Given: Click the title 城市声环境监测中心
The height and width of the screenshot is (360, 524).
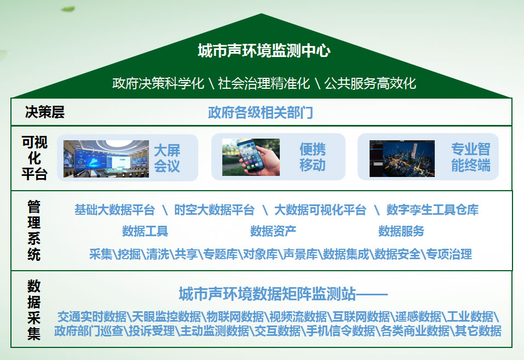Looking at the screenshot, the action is coord(264,50).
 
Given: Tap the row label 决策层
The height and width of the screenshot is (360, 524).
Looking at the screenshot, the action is coord(45,112).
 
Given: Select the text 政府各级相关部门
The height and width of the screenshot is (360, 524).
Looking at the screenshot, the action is coord(260,112).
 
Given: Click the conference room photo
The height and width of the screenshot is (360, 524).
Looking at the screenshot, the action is coord(106,158).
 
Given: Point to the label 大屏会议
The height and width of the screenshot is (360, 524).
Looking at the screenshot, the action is coord(167,158).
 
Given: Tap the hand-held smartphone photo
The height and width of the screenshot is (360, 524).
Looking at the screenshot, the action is coord(251,157).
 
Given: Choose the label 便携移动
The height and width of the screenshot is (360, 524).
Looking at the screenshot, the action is coord(313,157).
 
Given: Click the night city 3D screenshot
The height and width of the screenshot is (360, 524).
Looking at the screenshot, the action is coord(402,158).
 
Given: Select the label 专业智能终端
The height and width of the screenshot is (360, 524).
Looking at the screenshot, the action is coord(470,157).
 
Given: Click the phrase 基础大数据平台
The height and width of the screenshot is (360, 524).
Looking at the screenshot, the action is coord(114,210).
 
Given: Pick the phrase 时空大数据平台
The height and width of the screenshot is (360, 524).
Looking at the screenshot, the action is coord(214,210).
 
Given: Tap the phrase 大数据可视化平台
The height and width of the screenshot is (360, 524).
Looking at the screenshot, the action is coord(320,210).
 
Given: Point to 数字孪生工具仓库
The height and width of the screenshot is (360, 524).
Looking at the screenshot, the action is coord(433,210).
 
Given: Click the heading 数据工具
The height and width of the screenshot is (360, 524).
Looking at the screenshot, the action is coord(145,231).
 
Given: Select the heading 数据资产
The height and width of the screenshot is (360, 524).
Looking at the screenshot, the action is coord(273,231).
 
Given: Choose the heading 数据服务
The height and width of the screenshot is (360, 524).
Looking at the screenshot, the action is coord(401,231).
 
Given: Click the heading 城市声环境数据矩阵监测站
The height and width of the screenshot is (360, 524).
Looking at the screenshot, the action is coord(267,294).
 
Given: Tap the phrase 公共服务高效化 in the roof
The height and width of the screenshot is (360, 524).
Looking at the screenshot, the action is coord(370,83).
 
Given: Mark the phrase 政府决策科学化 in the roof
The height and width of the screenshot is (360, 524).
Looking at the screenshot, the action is coord(158,83).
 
